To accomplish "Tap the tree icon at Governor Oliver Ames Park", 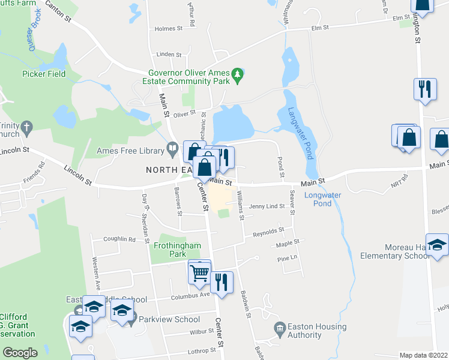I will [x=238, y=74].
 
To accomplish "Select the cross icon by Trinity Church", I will [x=25, y=127].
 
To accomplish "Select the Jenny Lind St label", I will [x=267, y=206].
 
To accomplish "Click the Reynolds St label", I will [x=268, y=231].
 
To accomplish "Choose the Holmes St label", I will [x=168, y=29].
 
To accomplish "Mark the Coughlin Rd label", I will [x=119, y=239].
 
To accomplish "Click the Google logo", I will [x=20, y=353].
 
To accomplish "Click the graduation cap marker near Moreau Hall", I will [x=438, y=245].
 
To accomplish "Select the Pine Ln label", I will [x=287, y=259].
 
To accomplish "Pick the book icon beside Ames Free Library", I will [x=172, y=147].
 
